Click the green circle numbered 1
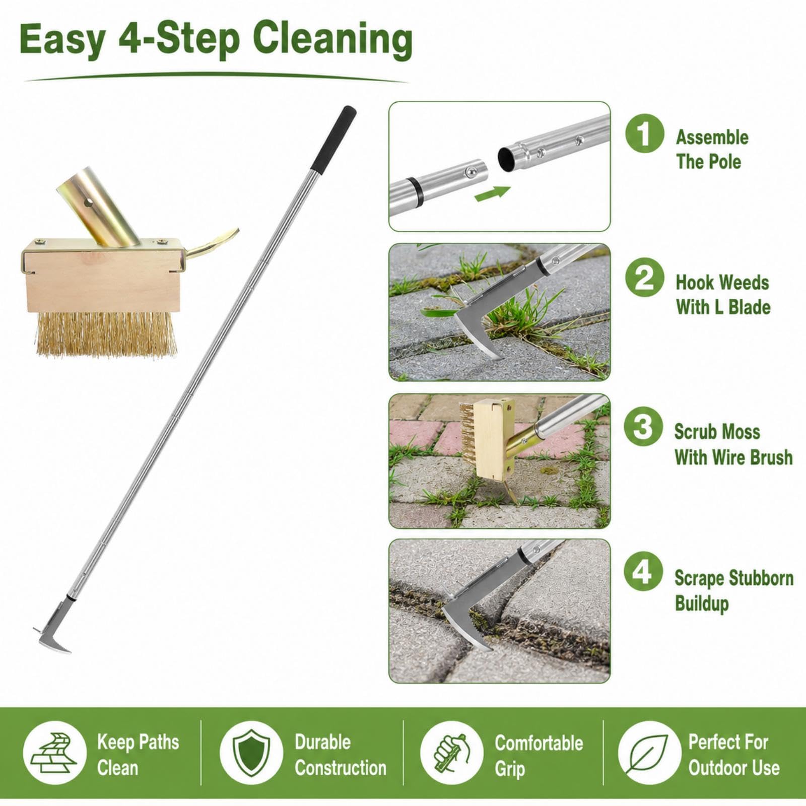click(644, 133)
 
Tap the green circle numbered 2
click(644, 278)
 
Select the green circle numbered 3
click(643, 427)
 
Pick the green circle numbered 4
click(643, 571)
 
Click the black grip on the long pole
click(332, 140)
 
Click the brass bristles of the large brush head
click(106, 334)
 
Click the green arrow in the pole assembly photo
click(492, 193)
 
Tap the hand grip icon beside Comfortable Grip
click(451, 753)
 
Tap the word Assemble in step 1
click(712, 137)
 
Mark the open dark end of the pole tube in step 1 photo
click(506, 159)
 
